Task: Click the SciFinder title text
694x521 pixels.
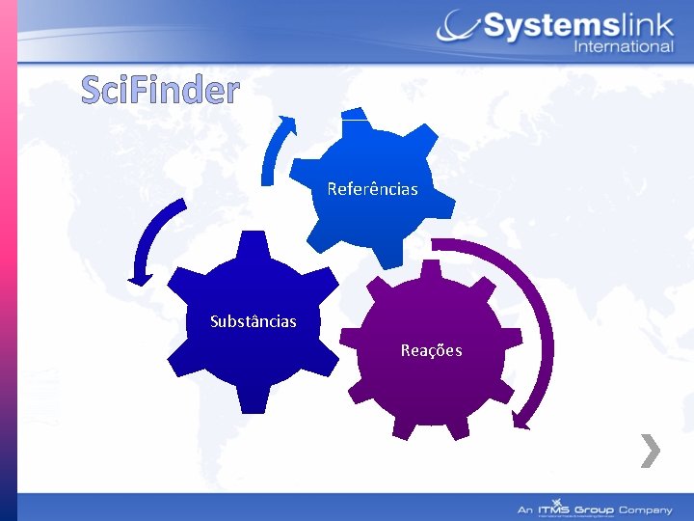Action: [160, 90]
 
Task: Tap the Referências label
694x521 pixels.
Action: [372, 189]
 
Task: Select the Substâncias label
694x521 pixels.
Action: [254, 320]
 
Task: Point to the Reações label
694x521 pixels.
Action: [431, 350]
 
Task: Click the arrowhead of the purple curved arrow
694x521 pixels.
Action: [521, 419]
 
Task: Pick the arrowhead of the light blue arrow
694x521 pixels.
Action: [286, 123]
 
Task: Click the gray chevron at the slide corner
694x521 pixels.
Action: [651, 451]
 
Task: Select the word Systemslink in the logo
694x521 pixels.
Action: [576, 26]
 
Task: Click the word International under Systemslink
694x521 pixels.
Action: [624, 47]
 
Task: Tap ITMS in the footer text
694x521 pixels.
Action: [557, 508]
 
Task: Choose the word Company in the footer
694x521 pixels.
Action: [646, 508]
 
